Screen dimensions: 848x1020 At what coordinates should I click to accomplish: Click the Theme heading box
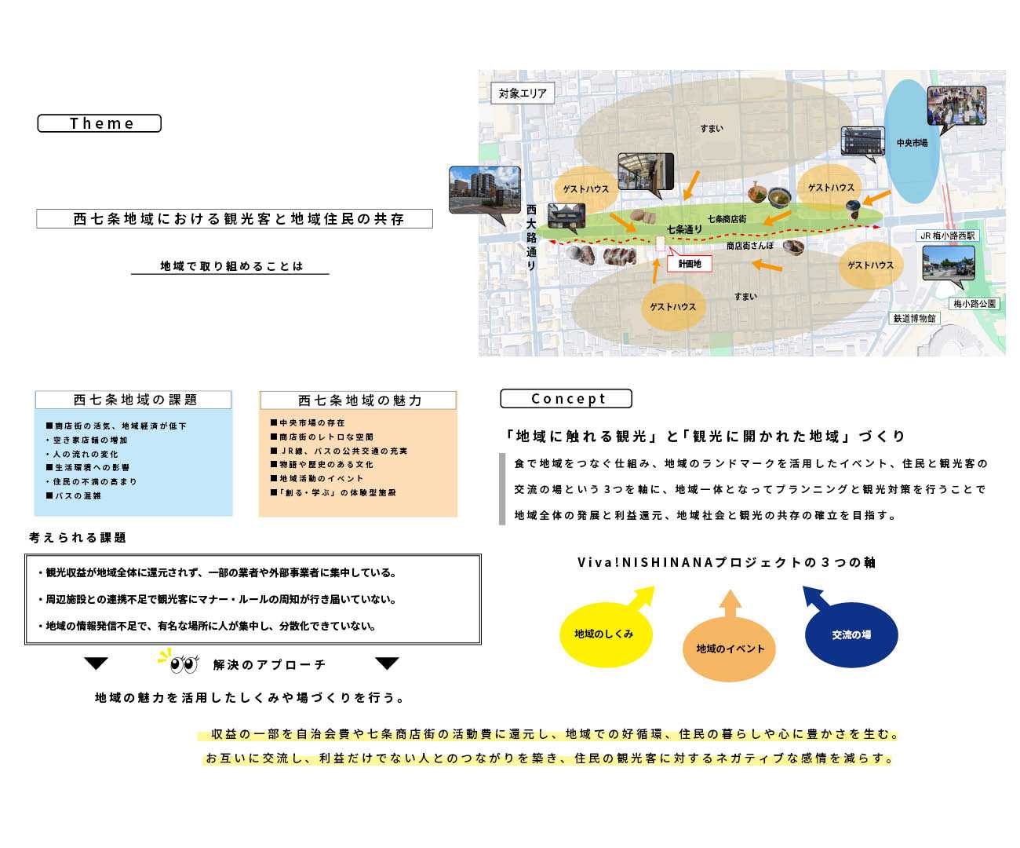(100, 123)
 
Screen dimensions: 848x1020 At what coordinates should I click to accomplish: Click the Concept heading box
(566, 399)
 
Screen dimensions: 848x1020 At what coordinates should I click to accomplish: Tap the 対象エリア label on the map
(523, 93)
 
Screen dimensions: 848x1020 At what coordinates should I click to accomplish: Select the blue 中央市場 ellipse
(912, 144)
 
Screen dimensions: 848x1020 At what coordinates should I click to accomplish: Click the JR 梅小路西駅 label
(948, 236)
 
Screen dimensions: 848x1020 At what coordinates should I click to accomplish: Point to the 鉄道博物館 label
(914, 318)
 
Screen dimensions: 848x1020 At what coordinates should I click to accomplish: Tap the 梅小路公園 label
(974, 303)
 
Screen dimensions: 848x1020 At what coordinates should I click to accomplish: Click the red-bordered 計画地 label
(689, 264)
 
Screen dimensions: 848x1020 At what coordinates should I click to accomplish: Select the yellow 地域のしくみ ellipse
(605, 634)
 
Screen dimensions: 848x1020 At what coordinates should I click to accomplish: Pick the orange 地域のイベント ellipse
(730, 649)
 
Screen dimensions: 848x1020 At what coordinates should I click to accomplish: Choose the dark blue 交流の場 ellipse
(851, 634)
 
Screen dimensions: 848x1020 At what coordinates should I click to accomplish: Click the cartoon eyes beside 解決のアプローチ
(184, 664)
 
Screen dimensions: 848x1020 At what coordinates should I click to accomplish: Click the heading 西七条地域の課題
(134, 400)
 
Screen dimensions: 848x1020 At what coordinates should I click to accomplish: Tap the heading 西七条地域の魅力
(359, 400)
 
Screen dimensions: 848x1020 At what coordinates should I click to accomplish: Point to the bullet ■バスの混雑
(74, 496)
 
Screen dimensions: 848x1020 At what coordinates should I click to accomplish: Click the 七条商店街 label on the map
(727, 219)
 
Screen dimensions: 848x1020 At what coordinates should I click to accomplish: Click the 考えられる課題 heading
(78, 538)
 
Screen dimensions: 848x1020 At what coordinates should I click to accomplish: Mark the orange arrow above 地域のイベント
(730, 605)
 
